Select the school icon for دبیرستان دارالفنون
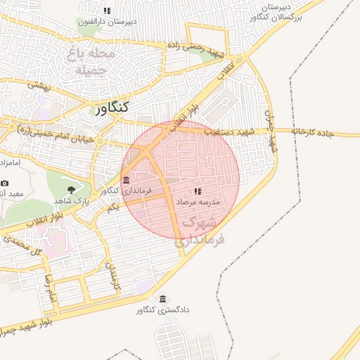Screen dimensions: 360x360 107,11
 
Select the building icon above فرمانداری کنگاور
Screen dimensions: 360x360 126,180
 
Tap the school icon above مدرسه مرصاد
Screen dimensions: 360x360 198,191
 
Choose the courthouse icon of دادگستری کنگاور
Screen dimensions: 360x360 164,299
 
